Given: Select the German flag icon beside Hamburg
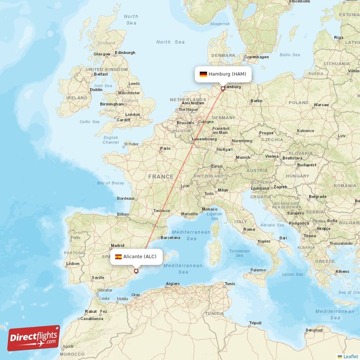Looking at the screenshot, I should (x=203, y=74).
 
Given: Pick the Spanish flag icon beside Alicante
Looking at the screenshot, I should (x=118, y=256).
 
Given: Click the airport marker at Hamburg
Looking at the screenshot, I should (x=222, y=89).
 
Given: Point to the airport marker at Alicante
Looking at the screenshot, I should (x=136, y=271).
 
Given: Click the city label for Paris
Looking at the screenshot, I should (x=166, y=148).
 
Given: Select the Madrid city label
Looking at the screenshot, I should (x=117, y=246).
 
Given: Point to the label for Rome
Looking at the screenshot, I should (x=249, y=229).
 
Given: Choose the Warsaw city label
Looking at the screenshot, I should (x=321, y=105).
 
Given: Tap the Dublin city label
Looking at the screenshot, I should (x=96, y=90).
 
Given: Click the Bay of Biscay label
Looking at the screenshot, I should (x=110, y=183).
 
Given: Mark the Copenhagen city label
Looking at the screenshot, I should (x=256, y=57).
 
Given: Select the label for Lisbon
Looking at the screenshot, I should (x=73, y=264).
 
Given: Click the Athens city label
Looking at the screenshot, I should (x=342, y=271).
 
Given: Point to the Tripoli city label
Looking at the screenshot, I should (x=255, y=323).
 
